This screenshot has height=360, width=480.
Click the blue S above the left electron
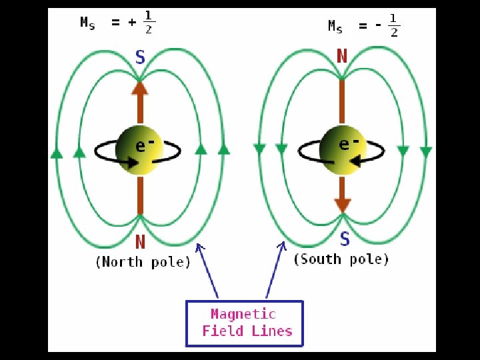pos(140,57)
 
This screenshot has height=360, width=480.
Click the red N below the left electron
pos(140,241)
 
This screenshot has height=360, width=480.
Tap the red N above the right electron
pos(342,56)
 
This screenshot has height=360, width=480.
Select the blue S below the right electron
pos(344,239)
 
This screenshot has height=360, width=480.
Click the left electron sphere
pos(139,147)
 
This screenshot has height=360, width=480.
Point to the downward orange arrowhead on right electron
pos(343,205)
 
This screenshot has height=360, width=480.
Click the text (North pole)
pos(143,261)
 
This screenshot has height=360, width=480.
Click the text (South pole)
pos(341,259)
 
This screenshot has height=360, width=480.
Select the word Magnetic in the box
pos(243,314)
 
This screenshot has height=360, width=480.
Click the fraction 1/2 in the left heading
pos(149,23)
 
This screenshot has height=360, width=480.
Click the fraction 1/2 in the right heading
pos(394,25)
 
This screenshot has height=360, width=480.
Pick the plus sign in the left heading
pos(133,23)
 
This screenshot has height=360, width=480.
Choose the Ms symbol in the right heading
pos(335,27)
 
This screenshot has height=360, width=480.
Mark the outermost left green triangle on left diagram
pos(57,154)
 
